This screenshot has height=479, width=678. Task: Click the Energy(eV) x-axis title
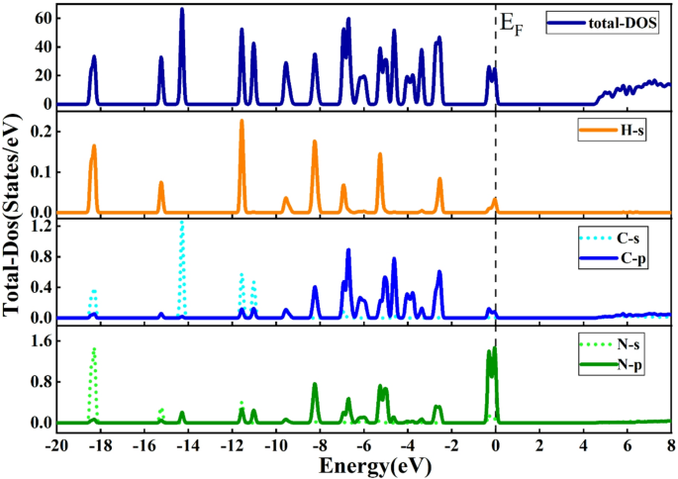click(x=363, y=464)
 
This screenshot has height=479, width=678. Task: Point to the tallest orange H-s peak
click(x=242, y=122)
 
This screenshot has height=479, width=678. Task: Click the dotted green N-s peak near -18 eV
click(x=94, y=349)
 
